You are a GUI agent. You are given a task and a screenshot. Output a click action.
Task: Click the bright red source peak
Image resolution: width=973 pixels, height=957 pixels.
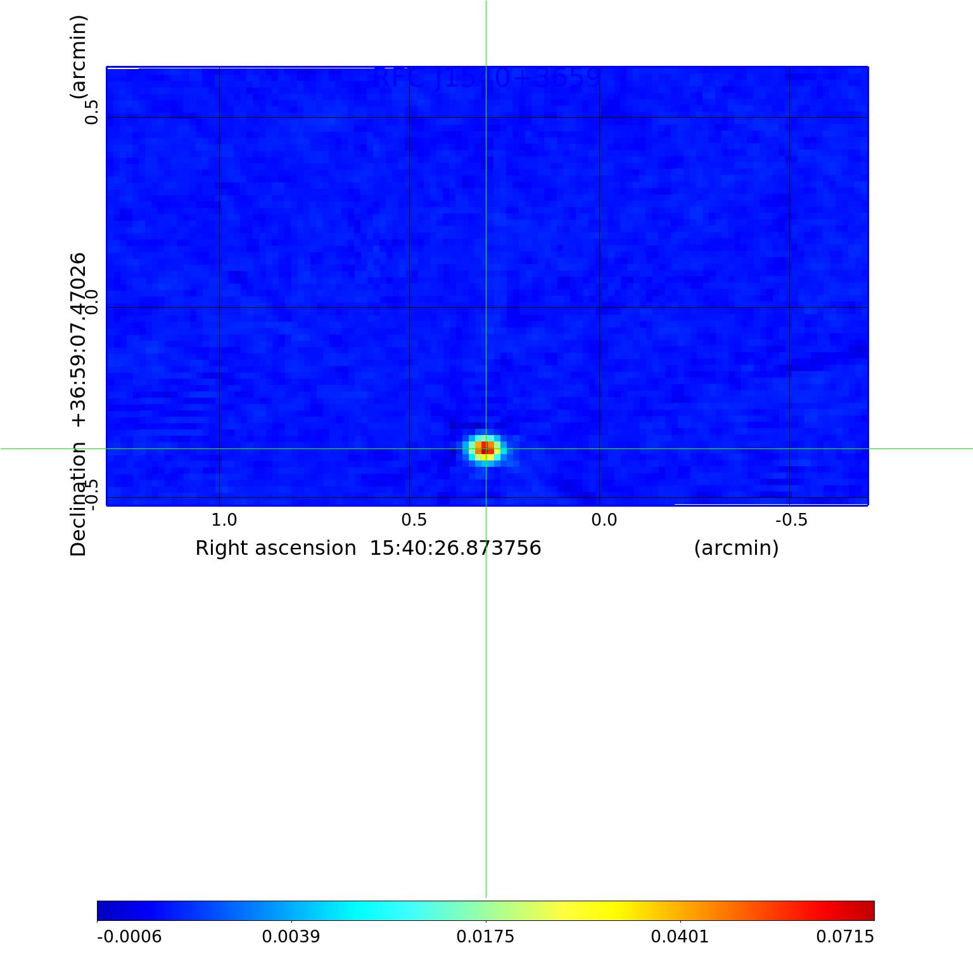(x=485, y=448)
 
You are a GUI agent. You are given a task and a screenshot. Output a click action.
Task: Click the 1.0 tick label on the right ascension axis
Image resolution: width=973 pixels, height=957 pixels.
(x=224, y=520)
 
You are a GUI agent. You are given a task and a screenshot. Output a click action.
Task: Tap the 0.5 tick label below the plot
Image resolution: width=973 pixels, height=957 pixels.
(x=414, y=520)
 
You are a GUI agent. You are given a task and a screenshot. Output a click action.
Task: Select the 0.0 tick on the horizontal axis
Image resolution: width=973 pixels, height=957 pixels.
(x=604, y=520)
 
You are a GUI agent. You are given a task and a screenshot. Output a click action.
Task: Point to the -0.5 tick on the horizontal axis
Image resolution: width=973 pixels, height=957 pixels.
(x=791, y=520)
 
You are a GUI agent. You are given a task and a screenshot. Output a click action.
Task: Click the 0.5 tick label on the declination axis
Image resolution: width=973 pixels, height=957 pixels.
(x=92, y=112)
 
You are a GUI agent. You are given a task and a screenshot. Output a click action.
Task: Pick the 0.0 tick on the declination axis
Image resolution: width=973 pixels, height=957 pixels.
(x=92, y=302)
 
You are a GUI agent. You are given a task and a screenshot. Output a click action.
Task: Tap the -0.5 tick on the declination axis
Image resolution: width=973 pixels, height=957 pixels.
(x=92, y=493)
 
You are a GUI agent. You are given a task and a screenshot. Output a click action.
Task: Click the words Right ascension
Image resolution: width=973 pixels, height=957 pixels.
(x=276, y=548)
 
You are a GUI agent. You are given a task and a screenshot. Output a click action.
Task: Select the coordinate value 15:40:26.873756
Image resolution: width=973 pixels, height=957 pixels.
(x=455, y=548)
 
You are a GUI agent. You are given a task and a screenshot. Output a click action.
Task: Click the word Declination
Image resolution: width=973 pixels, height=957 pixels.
(x=78, y=499)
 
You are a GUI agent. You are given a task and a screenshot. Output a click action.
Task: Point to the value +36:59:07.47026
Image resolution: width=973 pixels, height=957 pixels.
(x=78, y=339)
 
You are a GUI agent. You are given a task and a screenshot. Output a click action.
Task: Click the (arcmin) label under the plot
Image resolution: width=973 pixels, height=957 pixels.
(x=736, y=548)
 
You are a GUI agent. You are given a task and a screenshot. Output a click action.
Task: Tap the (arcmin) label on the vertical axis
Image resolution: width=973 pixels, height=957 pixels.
(x=78, y=57)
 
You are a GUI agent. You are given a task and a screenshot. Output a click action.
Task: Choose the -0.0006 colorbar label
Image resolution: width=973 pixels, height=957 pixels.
(x=129, y=937)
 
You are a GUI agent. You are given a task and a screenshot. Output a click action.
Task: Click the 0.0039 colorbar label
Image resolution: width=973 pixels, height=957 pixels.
(x=291, y=937)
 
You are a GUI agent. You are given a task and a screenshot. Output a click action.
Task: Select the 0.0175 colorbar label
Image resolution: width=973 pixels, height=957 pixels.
(x=485, y=937)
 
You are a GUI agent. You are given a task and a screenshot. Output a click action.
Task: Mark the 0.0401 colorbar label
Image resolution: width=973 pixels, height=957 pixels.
(x=680, y=937)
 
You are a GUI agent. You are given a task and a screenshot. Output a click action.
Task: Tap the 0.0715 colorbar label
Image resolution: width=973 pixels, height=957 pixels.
(x=844, y=937)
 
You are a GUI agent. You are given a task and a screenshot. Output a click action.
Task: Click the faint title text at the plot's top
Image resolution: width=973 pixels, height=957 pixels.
(x=486, y=78)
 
